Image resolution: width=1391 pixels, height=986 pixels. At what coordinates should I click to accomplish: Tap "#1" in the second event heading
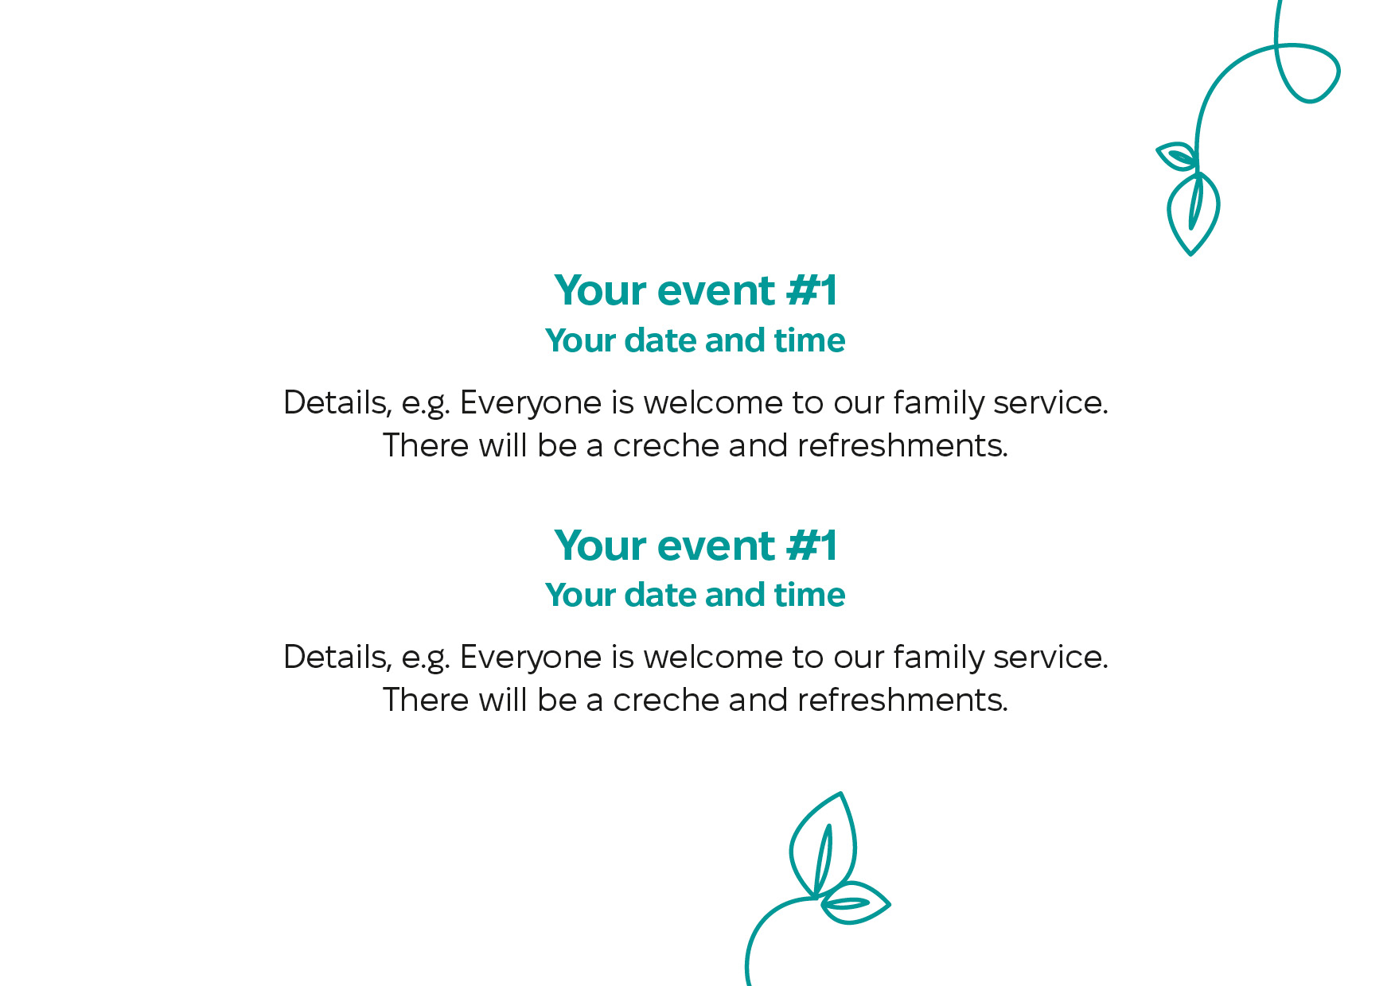point(812,545)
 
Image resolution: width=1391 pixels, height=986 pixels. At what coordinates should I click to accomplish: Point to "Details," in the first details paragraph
point(337,403)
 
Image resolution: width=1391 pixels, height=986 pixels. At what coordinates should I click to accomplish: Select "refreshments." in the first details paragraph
point(902,446)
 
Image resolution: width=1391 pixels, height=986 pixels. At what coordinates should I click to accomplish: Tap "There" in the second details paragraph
point(426,701)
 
